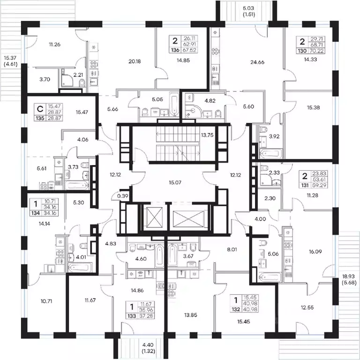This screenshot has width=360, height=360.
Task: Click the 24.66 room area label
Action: coord(257,62)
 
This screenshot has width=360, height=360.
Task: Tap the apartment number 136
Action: coord(175,50)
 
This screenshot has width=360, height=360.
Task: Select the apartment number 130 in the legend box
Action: coord(302,51)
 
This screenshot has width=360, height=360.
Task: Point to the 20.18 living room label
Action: coord(135,61)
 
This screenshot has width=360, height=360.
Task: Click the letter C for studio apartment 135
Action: coord(40,109)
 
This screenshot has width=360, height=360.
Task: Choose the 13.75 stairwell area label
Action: coord(207,135)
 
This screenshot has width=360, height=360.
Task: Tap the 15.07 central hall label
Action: coord(175,182)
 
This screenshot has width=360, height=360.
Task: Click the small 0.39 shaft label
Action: coord(123,196)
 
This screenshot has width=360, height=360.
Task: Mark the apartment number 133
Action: coord(132,316)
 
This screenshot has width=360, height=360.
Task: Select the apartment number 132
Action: coord(236,309)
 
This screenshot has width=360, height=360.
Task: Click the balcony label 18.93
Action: coord(348,277)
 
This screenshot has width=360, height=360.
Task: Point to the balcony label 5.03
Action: coord(248,8)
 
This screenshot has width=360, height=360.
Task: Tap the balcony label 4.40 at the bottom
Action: coord(148,345)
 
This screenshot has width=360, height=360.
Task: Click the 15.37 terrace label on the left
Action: coord(10,58)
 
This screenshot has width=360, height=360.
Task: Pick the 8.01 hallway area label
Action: coord(232,249)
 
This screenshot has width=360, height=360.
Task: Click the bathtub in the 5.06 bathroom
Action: coord(270,277)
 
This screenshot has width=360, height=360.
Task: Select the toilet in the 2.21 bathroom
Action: coord(82,83)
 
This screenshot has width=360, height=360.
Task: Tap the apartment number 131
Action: coord(305,185)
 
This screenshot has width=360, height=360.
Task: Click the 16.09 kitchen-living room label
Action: coord(315,252)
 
